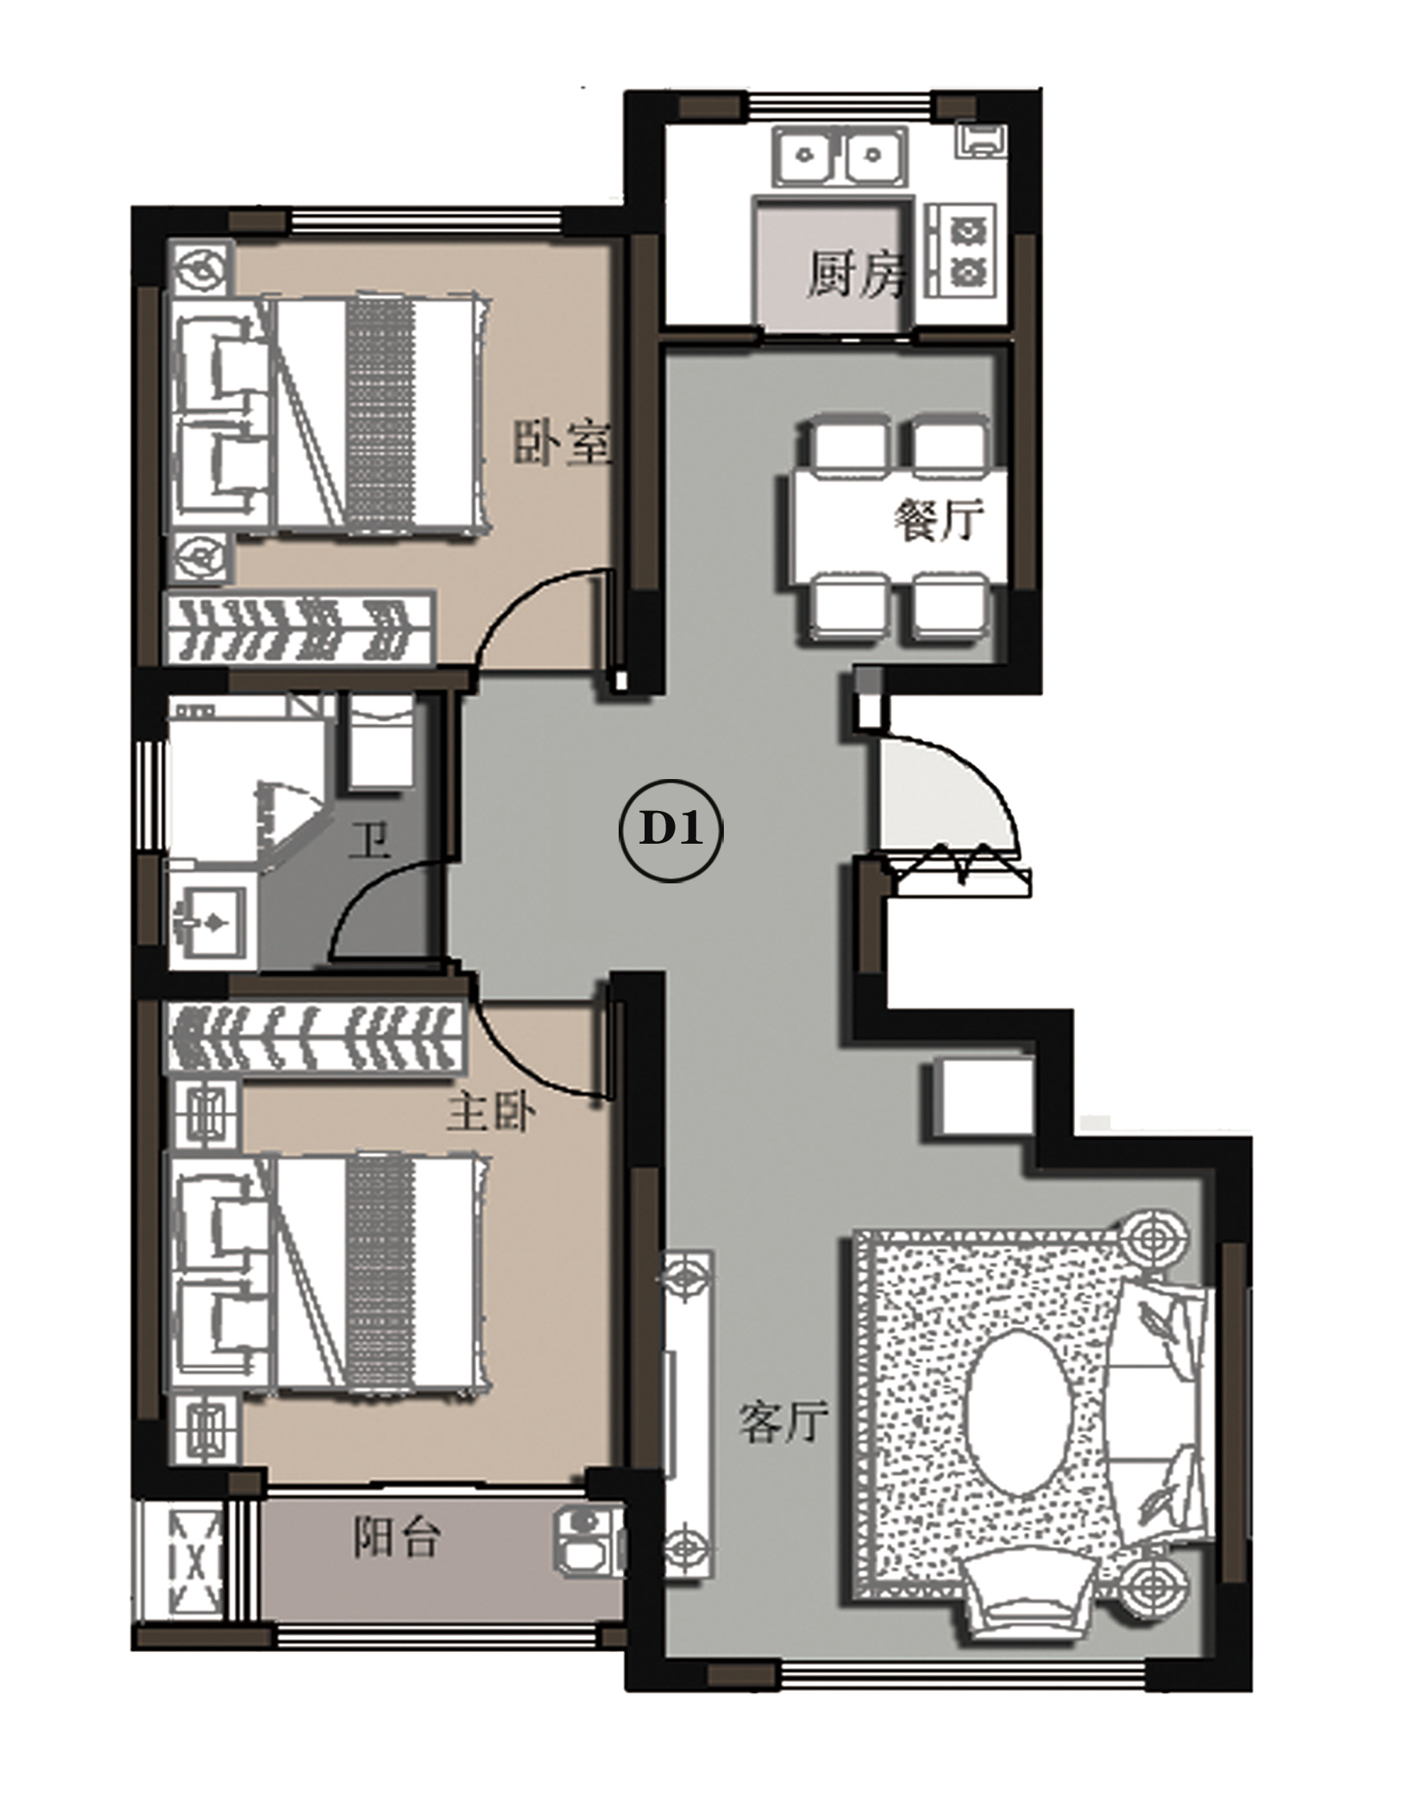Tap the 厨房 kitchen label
point(857,274)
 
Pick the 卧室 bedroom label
point(563,443)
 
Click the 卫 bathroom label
point(370,841)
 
